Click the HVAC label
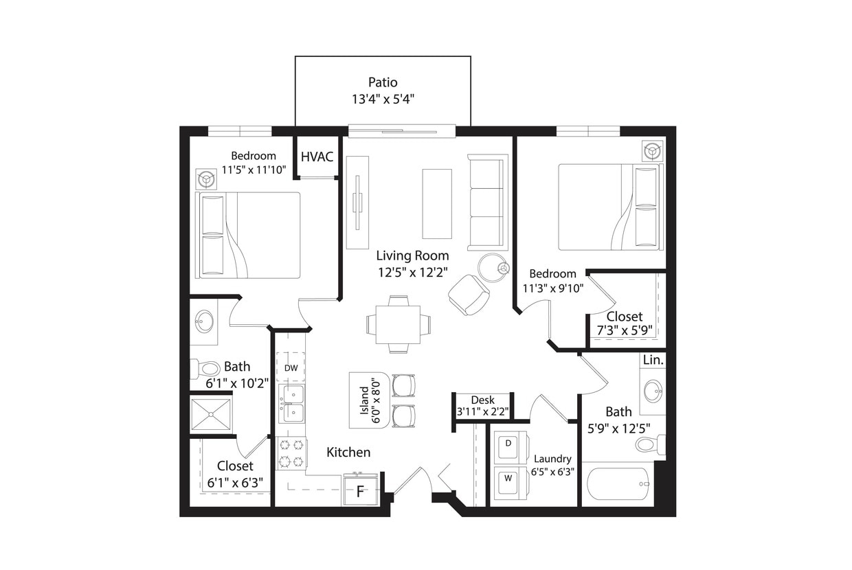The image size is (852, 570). point(317,157)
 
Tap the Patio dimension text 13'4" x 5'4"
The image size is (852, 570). point(383,99)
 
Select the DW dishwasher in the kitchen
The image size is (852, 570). point(291,368)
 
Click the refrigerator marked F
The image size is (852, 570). point(360,492)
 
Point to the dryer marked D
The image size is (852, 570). point(508,444)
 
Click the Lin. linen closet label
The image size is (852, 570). point(652,360)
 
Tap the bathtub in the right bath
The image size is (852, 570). point(618,484)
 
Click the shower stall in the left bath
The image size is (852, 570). point(211,413)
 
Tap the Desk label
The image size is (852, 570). point(483,400)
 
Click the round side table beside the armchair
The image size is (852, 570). point(493,268)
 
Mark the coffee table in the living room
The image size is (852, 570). point(437,203)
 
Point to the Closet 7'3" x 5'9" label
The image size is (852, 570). point(625,323)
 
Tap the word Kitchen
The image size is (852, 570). point(348,453)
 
